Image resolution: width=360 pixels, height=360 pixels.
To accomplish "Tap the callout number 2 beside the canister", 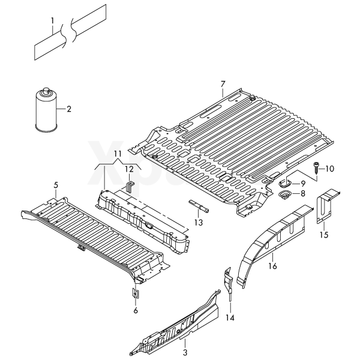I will (x=68, y=109).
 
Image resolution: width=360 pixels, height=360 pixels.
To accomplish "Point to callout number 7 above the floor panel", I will (x=222, y=83).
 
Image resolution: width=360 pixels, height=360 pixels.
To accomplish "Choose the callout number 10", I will (x=329, y=169).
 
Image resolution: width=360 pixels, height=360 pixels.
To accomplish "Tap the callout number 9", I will (x=303, y=183).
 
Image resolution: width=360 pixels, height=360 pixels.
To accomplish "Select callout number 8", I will (x=302, y=193).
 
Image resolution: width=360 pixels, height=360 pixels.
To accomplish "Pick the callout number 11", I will (x=118, y=154).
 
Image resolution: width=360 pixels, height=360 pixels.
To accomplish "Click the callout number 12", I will (x=129, y=169).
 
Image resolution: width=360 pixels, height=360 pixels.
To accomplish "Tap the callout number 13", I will (x=198, y=222).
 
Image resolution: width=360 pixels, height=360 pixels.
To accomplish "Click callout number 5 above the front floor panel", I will (x=56, y=185).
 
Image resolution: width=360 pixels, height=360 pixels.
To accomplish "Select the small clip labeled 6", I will (x=136, y=293).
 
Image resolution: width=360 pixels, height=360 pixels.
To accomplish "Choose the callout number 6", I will (x=136, y=310).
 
